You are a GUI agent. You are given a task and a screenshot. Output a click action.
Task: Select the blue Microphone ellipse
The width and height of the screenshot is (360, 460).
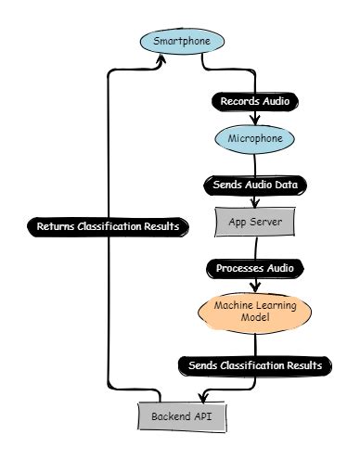[x=255, y=139]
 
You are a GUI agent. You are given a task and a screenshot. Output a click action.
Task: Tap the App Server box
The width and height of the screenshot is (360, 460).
[x=255, y=223]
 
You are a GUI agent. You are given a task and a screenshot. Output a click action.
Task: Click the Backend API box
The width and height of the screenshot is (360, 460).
[x=182, y=416]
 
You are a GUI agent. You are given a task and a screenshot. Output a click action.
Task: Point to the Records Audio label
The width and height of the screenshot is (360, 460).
[x=255, y=99]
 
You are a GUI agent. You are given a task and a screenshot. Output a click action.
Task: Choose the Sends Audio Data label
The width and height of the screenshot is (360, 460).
[x=255, y=185]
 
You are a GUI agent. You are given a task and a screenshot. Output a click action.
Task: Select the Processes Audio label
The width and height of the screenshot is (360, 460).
[x=255, y=268]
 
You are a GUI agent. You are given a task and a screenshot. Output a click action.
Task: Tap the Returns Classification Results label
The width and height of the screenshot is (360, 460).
[x=109, y=226]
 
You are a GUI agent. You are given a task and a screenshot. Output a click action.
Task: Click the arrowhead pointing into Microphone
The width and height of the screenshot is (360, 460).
[x=255, y=121]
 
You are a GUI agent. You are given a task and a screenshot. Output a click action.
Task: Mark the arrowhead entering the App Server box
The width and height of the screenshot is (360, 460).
[x=255, y=205]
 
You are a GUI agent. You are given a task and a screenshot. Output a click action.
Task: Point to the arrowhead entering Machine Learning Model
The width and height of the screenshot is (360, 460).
[x=255, y=288]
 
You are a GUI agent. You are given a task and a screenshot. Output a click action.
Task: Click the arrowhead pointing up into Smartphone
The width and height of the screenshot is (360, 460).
[x=162, y=57]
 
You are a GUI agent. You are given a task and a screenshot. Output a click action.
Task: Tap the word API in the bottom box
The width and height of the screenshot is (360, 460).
[x=205, y=416]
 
